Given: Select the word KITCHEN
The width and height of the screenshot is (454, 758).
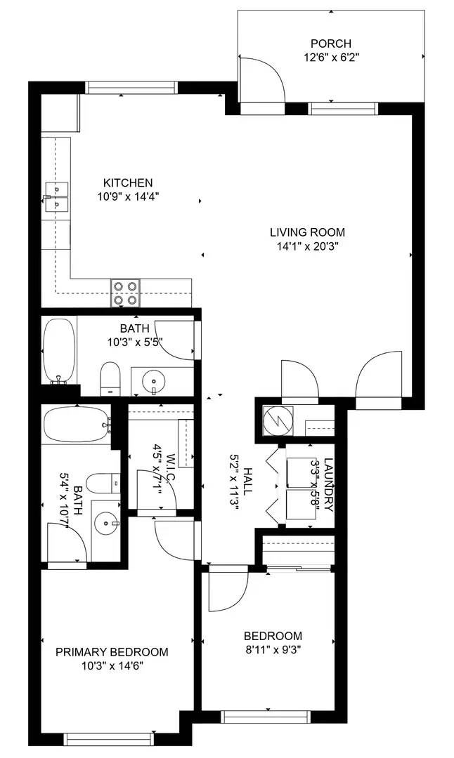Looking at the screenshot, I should [128, 183].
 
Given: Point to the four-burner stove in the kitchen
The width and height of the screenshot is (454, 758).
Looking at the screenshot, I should [125, 293].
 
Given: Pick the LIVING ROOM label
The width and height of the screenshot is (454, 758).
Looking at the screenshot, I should [307, 232].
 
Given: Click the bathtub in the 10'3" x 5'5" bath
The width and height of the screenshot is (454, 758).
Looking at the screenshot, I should [55, 351].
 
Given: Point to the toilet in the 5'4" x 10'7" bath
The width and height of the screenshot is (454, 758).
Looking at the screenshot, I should [102, 483].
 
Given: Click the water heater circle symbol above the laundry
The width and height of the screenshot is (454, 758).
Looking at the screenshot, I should [274, 420].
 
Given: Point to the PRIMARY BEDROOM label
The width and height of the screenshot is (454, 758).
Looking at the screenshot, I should [112, 652].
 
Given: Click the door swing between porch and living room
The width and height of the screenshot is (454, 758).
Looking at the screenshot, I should [261, 81].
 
